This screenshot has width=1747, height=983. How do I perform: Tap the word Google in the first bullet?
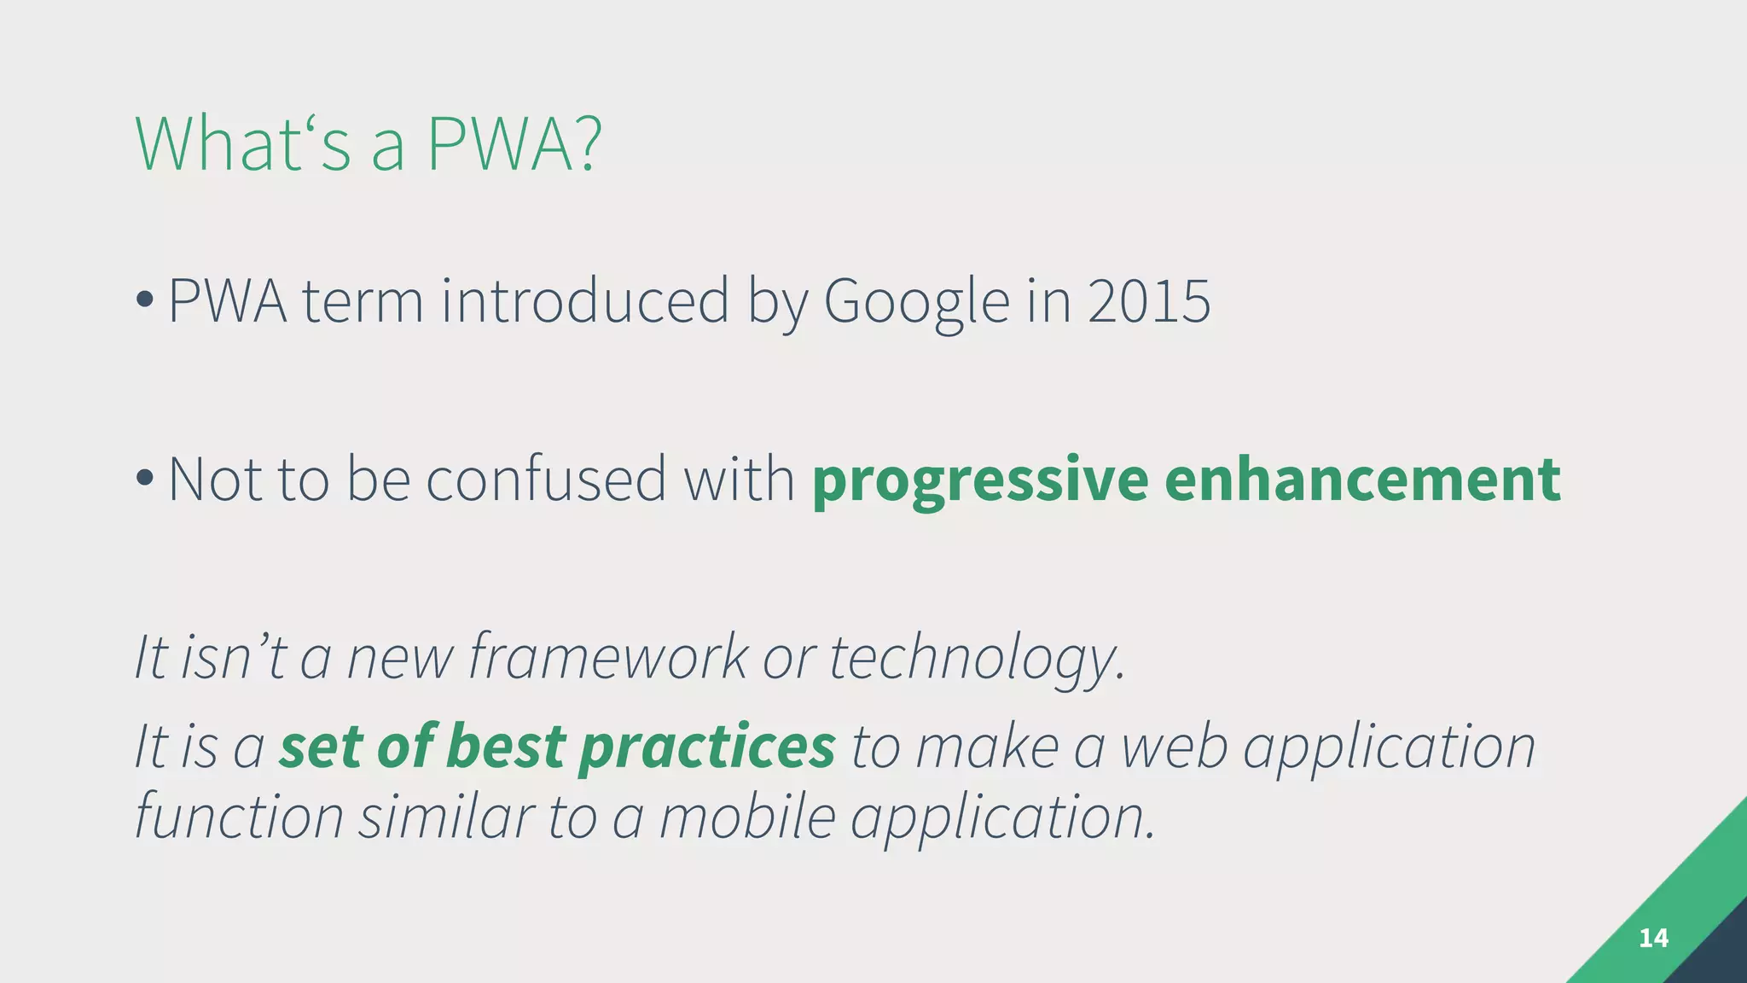coord(916,302)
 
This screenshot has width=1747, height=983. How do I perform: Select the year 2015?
coord(1149,302)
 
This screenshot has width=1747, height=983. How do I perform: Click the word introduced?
coord(585,302)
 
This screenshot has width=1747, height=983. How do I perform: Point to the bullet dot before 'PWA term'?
coord(145,300)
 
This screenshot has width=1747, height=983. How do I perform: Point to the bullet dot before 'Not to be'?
coord(145,478)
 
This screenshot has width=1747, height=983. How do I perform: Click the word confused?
coord(546,480)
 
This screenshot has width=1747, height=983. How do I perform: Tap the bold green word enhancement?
coord(1362,480)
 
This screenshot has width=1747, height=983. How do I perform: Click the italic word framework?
coord(608,657)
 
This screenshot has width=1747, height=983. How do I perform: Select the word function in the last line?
coord(240,817)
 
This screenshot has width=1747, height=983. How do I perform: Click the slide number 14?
coord(1653,939)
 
